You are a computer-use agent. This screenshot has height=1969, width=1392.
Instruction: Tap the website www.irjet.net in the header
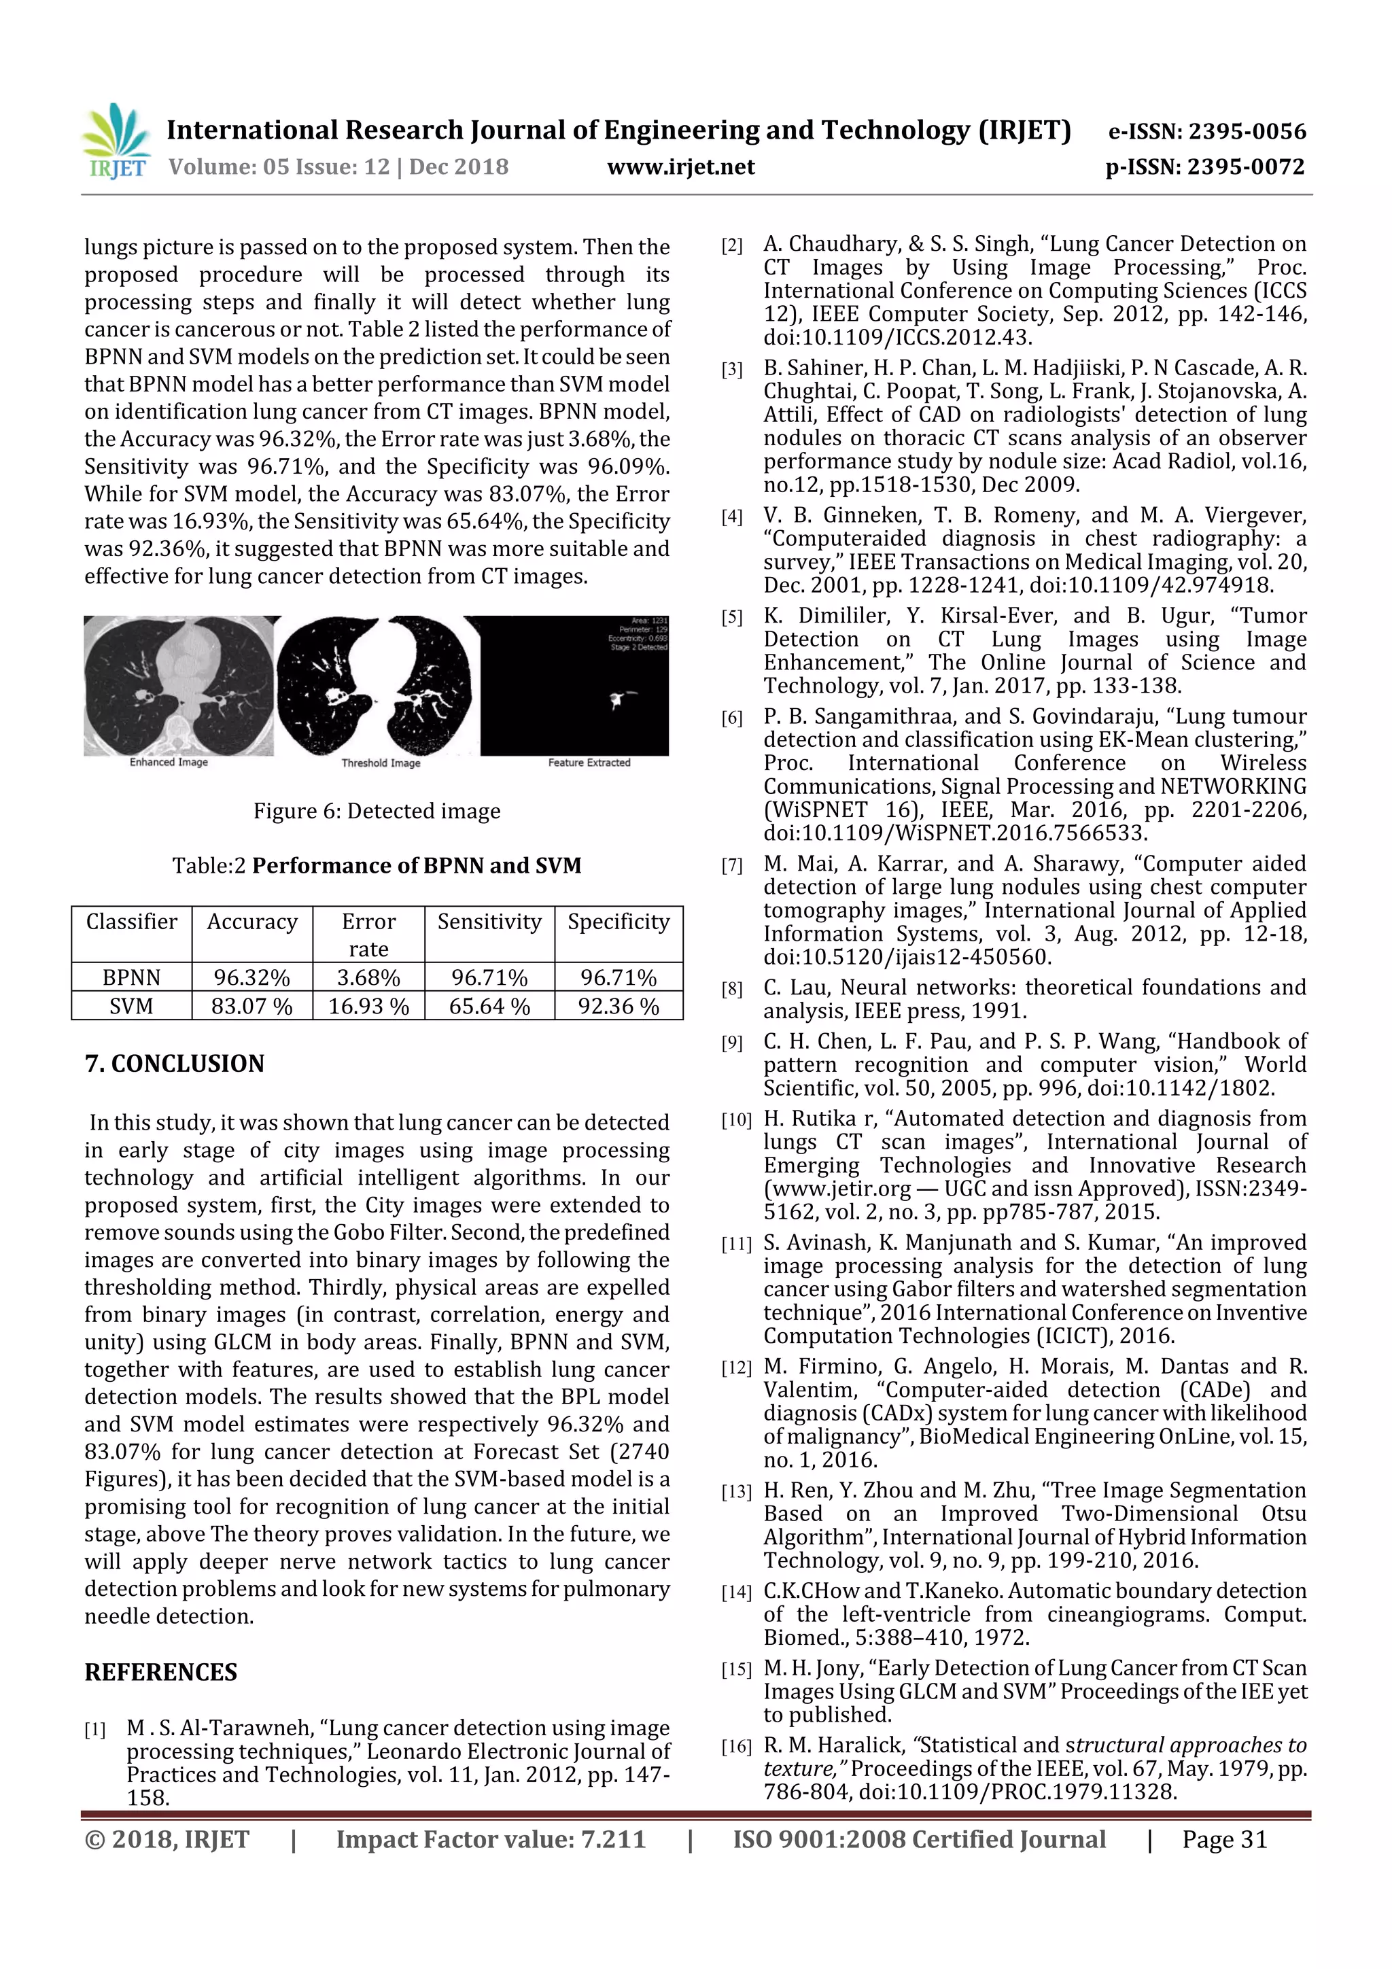pos(680,167)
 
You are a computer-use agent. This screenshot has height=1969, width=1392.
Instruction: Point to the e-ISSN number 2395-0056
pos(1206,131)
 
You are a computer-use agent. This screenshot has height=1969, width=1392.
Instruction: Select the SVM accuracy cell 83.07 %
pos(252,1006)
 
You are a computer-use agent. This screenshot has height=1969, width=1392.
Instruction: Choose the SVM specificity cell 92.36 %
pos(619,1006)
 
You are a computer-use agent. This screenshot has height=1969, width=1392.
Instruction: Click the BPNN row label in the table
pos(131,977)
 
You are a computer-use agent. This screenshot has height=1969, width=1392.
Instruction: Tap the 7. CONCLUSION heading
pos(174,1064)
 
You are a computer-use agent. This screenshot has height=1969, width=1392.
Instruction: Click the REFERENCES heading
pos(160,1672)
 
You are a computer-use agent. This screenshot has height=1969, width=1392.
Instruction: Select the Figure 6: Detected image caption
pos(377,812)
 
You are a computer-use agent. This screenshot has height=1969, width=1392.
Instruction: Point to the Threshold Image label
pos(381,763)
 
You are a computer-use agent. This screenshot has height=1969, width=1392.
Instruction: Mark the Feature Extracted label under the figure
pos(589,763)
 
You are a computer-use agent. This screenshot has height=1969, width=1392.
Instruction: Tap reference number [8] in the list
pos(731,990)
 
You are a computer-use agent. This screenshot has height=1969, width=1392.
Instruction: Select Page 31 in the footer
pos(1224,1839)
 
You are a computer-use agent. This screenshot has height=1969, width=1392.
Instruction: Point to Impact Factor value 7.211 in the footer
pos(490,1839)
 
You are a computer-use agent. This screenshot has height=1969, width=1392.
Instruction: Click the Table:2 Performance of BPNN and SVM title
pos(377,865)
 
